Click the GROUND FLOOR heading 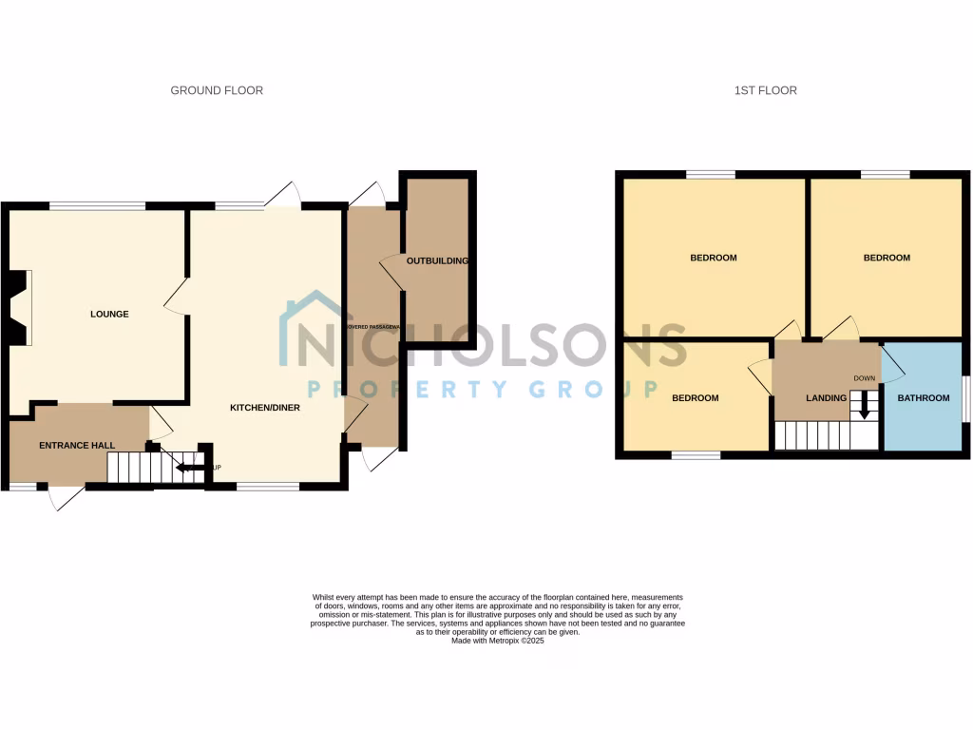[217, 90]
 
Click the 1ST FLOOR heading [765, 90]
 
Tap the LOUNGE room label [109, 315]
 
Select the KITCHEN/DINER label [265, 408]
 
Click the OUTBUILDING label [437, 260]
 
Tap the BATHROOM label [924, 398]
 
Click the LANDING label [826, 398]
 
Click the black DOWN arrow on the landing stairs [864, 407]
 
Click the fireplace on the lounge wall [19, 307]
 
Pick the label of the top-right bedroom [886, 258]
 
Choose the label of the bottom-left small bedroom [695, 398]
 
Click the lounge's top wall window [97, 204]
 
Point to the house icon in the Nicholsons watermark [310, 328]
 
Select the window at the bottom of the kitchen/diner [268, 487]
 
